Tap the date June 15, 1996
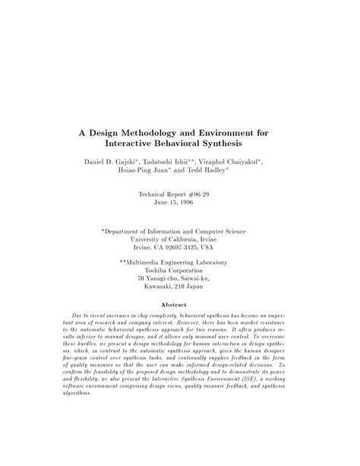[x=179, y=204]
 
